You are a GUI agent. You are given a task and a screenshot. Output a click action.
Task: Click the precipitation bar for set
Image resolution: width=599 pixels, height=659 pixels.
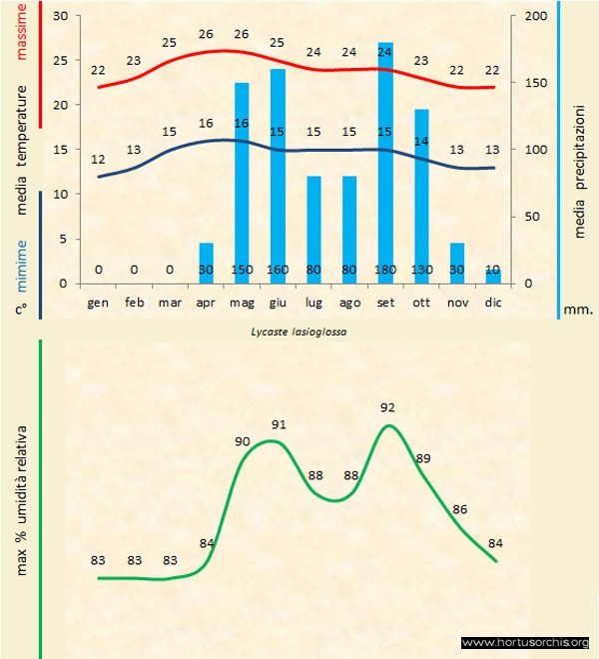coord(385,160)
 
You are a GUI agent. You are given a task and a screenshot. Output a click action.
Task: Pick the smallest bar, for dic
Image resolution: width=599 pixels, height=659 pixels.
coord(493,276)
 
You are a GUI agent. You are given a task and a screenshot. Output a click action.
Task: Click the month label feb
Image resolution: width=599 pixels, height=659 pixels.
coord(134,301)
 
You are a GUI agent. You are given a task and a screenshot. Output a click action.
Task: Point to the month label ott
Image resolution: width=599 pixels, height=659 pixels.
coord(421,301)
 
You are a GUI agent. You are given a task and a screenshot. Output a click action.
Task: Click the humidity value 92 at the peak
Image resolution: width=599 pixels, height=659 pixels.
coord(387,407)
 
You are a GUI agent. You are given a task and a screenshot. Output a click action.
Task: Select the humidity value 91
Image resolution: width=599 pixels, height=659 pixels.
coord(280,424)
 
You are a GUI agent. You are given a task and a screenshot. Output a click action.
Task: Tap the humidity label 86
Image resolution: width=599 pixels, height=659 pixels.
coord(459,509)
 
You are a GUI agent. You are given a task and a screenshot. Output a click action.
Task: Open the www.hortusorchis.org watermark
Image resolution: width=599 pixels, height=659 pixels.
coord(524,643)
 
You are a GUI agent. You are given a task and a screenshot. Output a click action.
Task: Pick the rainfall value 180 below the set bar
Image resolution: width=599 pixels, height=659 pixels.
coord(385,270)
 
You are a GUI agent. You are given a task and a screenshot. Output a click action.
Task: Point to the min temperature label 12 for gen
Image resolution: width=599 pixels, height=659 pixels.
coord(98,160)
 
